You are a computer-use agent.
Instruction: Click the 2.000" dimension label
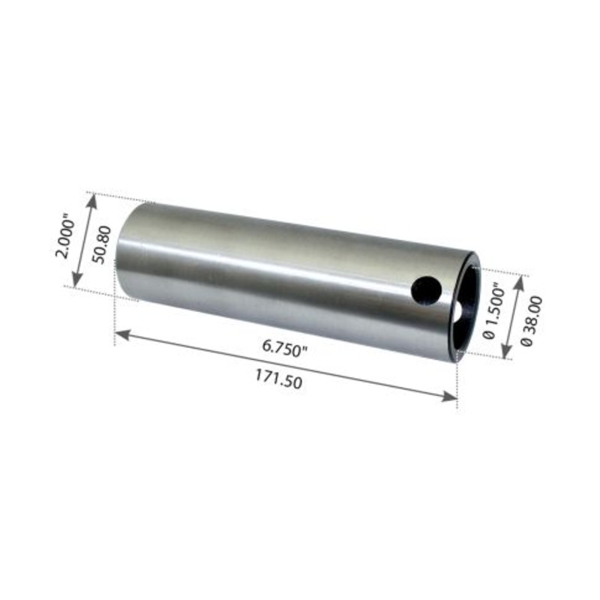pos(67,237)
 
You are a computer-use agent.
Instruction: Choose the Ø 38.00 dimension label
pos(533,321)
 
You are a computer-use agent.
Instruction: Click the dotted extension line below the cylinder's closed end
pos(115,322)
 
